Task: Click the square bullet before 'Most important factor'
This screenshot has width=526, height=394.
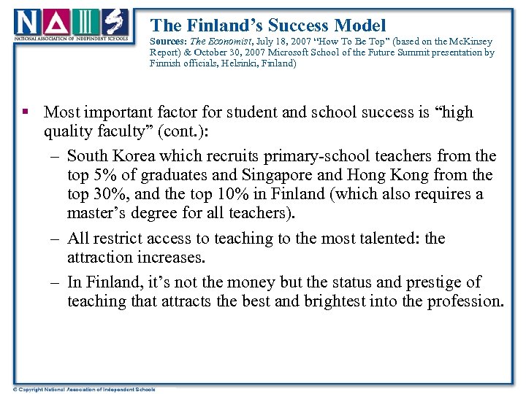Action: coord(26,112)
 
